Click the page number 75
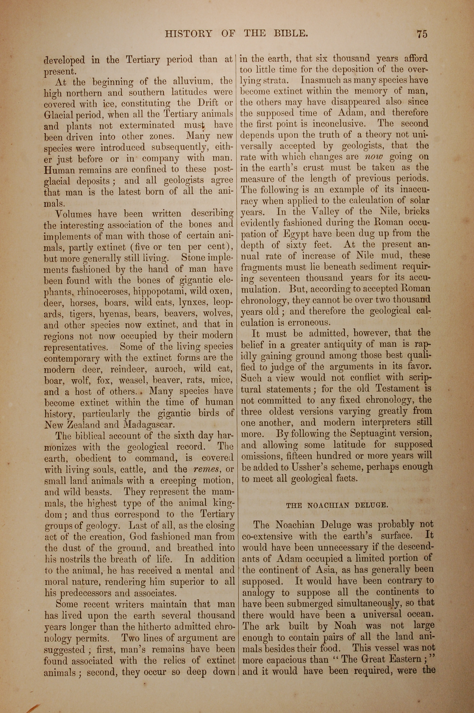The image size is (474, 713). [422, 34]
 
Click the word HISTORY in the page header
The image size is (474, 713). [189, 33]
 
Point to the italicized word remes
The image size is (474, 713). [207, 469]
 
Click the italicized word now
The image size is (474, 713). [374, 157]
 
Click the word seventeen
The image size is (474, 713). [280, 278]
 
